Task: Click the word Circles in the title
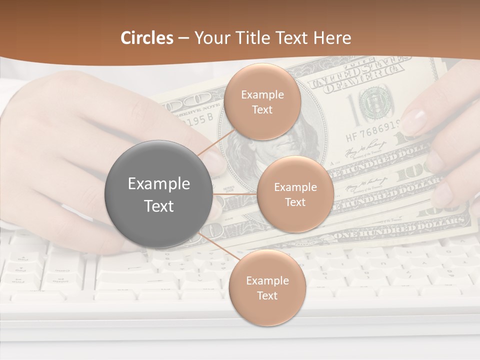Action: [x=146, y=38]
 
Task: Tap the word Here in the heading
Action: [x=332, y=38]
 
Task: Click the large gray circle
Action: [x=158, y=194]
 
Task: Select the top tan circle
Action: [x=262, y=101]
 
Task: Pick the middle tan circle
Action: [x=295, y=194]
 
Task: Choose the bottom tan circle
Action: [x=267, y=287]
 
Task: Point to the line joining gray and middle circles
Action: [x=234, y=194]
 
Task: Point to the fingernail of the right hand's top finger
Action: [x=414, y=120]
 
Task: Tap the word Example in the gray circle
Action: [x=158, y=184]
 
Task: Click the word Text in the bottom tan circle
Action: [x=267, y=295]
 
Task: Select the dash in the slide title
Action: [x=183, y=38]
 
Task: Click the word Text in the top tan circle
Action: [x=262, y=109]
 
